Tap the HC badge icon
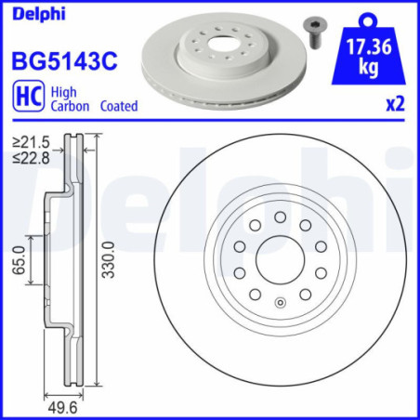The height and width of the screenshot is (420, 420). pyautogui.click(x=27, y=98)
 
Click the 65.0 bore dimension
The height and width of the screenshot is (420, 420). pyautogui.click(x=19, y=259)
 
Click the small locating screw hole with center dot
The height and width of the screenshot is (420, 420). pyautogui.click(x=280, y=300)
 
